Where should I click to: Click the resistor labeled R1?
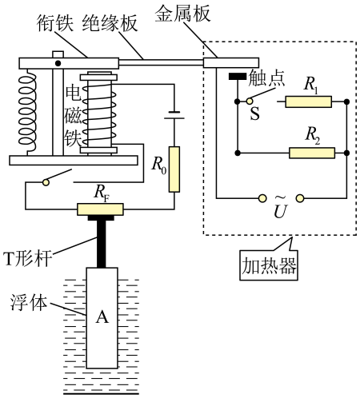309,101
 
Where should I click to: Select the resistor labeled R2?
312,153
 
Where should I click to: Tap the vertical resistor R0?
174,169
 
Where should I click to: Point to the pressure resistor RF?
100,209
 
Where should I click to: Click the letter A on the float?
102,316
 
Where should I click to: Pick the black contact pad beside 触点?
238,77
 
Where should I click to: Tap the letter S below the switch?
254,113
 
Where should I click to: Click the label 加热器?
269,266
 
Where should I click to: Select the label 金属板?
182,13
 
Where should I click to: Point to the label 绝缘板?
110,23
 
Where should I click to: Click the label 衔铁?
54,23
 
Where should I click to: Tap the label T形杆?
27,257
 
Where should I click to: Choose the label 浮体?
29,302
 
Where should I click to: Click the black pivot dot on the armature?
58,63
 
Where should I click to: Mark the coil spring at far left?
27,112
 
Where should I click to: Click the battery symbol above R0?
174,115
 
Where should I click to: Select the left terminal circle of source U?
262,198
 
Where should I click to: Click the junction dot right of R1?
346,101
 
